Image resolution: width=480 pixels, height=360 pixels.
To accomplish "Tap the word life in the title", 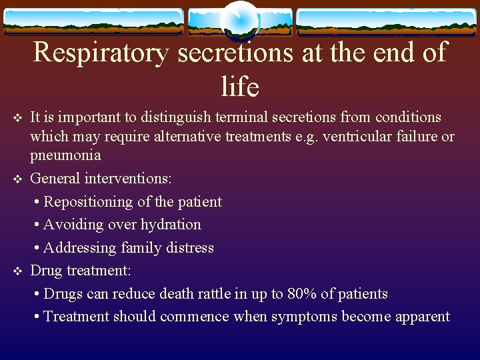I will (x=239, y=86).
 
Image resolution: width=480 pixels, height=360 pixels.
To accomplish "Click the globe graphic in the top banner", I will (x=239, y=20).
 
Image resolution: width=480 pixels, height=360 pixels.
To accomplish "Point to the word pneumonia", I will (x=65, y=156).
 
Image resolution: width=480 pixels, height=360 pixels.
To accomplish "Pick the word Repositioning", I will (x=95, y=202).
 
